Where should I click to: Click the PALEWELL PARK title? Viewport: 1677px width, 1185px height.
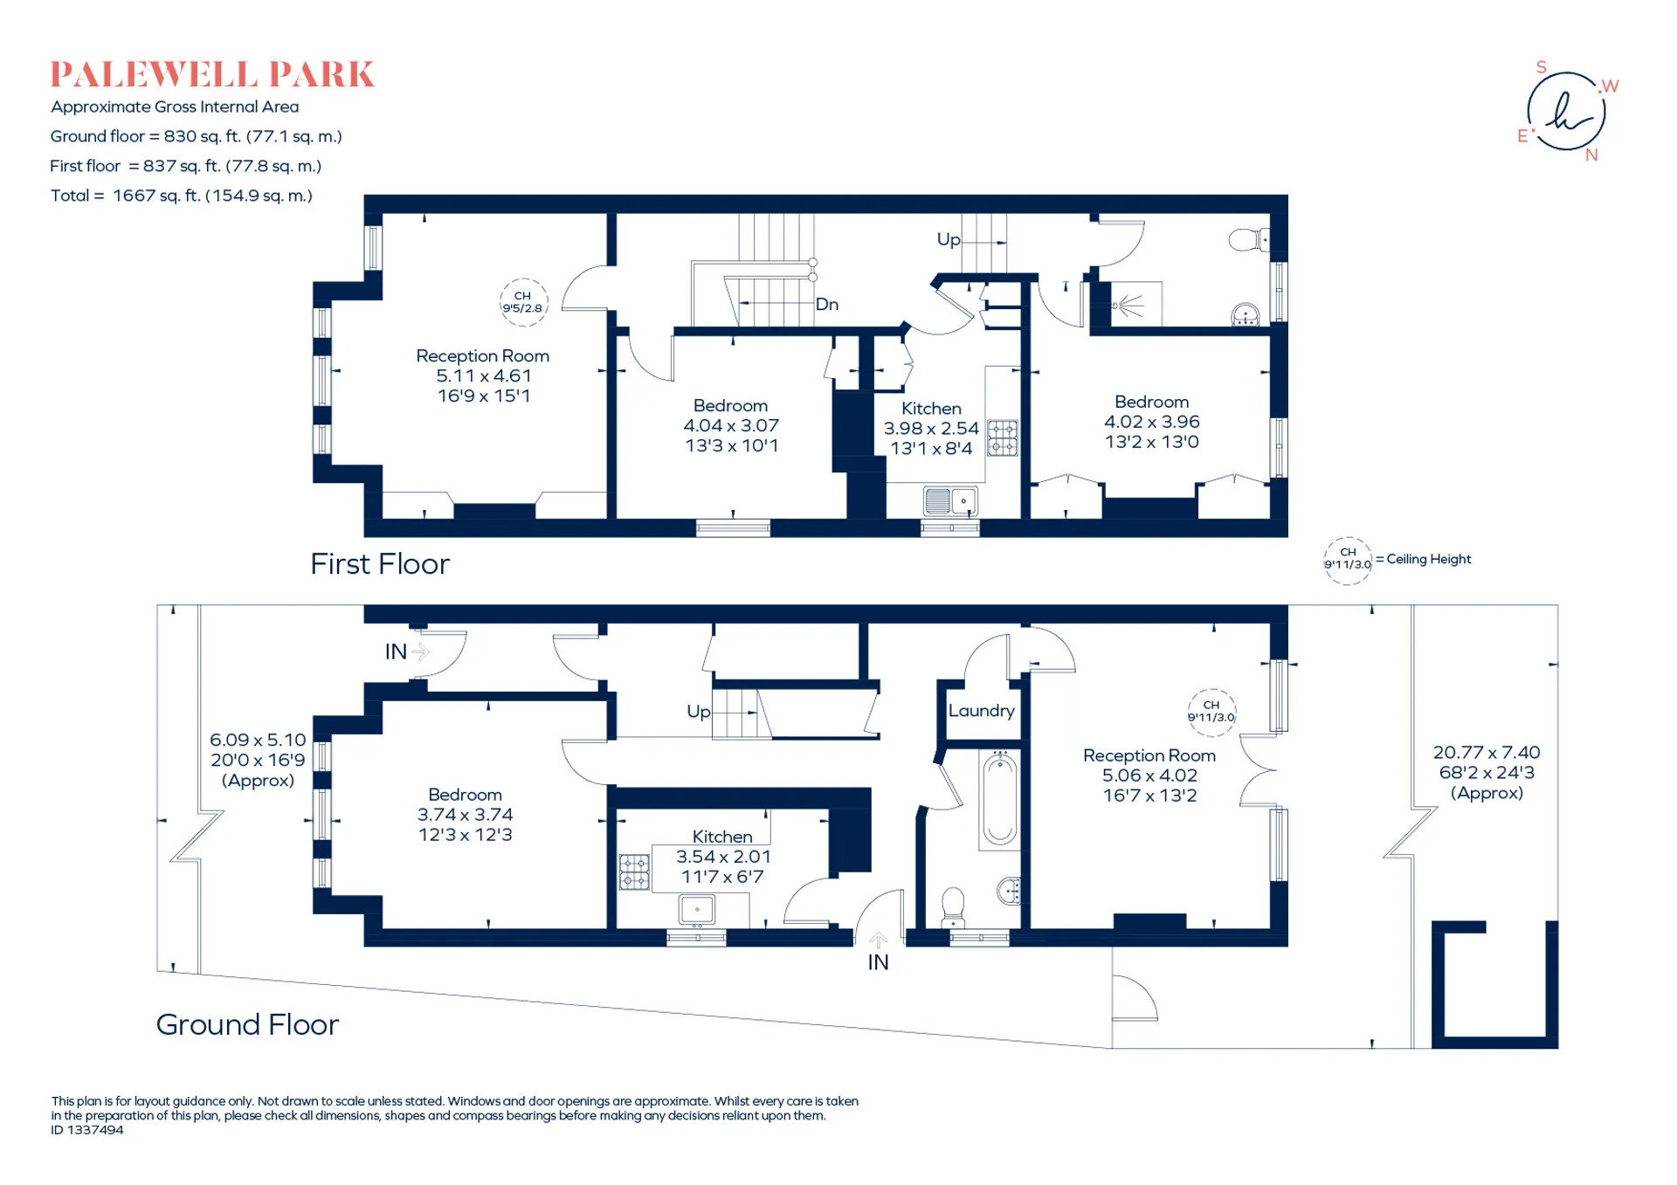click(212, 75)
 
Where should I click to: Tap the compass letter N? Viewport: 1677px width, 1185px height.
click(1591, 155)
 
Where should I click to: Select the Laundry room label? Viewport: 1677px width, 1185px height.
click(982, 711)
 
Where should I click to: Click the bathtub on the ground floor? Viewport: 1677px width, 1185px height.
click(1000, 799)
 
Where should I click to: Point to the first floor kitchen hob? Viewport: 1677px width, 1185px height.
click(1003, 437)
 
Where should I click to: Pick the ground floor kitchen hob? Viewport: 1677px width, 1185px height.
click(635, 872)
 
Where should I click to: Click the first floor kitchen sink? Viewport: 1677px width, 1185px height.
click(950, 501)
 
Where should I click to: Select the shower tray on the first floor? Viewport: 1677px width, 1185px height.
click(1130, 304)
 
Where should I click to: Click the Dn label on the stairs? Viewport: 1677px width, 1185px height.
click(827, 304)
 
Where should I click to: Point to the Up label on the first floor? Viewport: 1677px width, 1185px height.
click(949, 239)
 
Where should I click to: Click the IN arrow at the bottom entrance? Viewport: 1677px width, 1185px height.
click(879, 940)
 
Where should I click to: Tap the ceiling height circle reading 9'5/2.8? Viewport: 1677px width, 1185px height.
click(523, 302)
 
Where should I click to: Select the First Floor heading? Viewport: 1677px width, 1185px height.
click(380, 564)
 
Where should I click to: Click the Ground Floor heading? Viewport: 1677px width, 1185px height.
click(247, 1024)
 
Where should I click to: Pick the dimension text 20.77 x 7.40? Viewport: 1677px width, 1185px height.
click(1487, 752)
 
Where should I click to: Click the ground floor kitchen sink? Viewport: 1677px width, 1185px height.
click(697, 909)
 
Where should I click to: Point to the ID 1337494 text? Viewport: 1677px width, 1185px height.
click(87, 1130)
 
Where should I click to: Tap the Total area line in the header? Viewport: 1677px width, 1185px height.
click(182, 196)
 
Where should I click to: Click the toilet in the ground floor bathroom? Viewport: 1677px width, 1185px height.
click(953, 907)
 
